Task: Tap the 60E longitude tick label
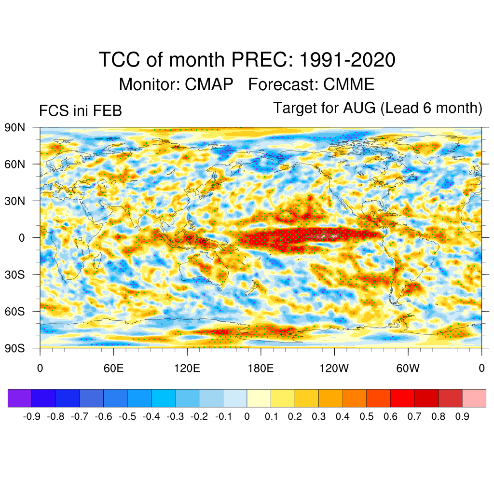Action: pos(113,369)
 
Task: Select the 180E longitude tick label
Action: pos(261,369)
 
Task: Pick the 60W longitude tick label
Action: pos(408,369)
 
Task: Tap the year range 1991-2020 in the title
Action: pos(347,60)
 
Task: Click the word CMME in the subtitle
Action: pos(348,84)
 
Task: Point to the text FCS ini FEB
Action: pos(80,111)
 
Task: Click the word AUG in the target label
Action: pos(359,108)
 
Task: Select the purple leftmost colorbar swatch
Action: pos(20,398)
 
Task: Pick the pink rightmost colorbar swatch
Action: pos(474,398)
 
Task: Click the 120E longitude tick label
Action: pos(187,369)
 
